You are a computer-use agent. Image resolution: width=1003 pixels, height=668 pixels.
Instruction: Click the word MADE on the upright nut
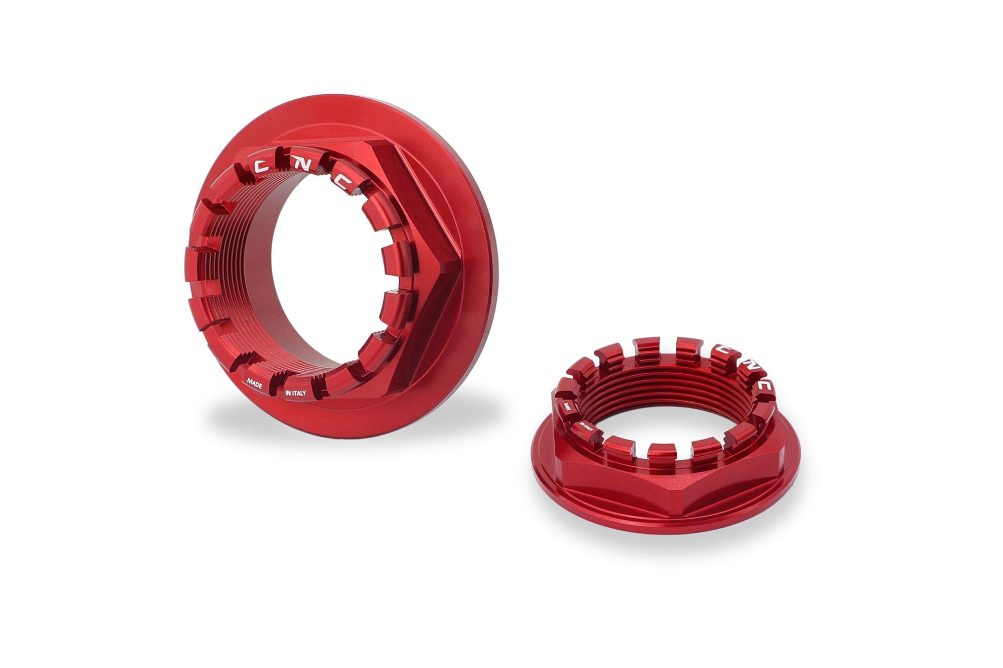coord(254,383)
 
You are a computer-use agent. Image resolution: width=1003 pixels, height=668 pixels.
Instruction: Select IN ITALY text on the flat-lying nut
coord(587,428)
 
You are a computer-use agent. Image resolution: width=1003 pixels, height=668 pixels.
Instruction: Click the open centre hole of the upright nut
coord(324,273)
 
